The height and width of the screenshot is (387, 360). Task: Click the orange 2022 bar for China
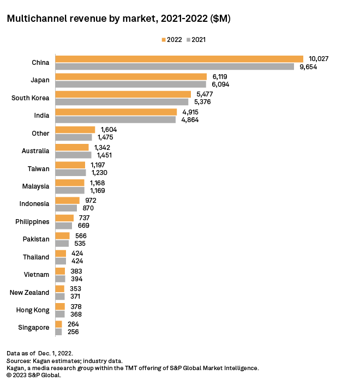click(x=179, y=59)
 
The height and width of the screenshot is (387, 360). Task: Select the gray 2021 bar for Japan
click(x=130, y=84)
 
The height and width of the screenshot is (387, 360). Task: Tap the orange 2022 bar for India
click(x=116, y=112)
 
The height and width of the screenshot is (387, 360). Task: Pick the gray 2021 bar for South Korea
click(x=122, y=102)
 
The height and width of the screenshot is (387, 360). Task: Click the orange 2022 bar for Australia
click(x=71, y=147)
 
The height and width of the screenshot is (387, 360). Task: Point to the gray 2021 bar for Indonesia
click(x=66, y=208)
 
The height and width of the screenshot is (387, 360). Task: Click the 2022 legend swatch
click(x=164, y=40)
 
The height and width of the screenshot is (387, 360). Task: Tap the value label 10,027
click(x=319, y=59)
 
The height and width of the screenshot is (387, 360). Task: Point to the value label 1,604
click(x=109, y=130)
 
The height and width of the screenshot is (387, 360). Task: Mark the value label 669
click(x=83, y=226)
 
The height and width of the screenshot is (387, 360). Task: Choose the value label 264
click(x=73, y=324)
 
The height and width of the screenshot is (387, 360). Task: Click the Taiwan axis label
click(x=38, y=168)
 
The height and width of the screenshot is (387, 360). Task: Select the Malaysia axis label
click(x=35, y=186)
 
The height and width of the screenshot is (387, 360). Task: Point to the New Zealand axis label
click(x=29, y=293)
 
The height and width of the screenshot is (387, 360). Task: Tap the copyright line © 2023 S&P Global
click(x=34, y=375)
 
